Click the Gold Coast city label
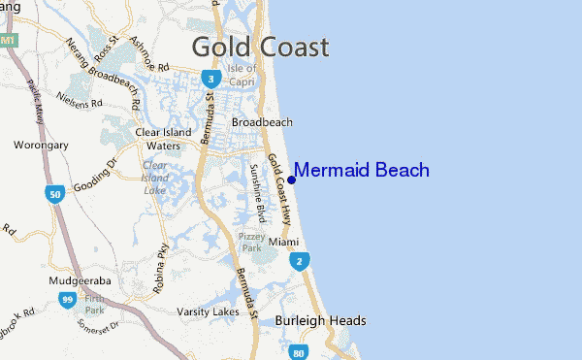(x=260, y=47)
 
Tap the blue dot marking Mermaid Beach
(x=291, y=180)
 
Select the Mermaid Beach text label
(x=361, y=171)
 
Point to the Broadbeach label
(x=262, y=122)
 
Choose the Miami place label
(x=284, y=240)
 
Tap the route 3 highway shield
(x=210, y=79)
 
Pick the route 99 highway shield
(x=67, y=301)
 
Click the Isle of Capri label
(x=242, y=75)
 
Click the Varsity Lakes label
(x=209, y=311)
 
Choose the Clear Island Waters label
(x=161, y=139)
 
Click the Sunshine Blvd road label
(x=257, y=188)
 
